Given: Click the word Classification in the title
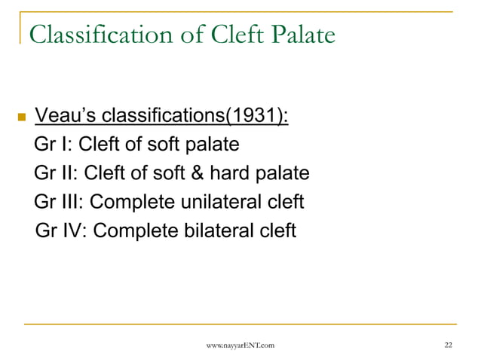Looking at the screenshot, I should [103, 35].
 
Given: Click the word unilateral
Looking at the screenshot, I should [225, 202].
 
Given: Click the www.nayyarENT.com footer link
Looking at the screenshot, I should [240, 344].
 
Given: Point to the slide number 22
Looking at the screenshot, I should [449, 344].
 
